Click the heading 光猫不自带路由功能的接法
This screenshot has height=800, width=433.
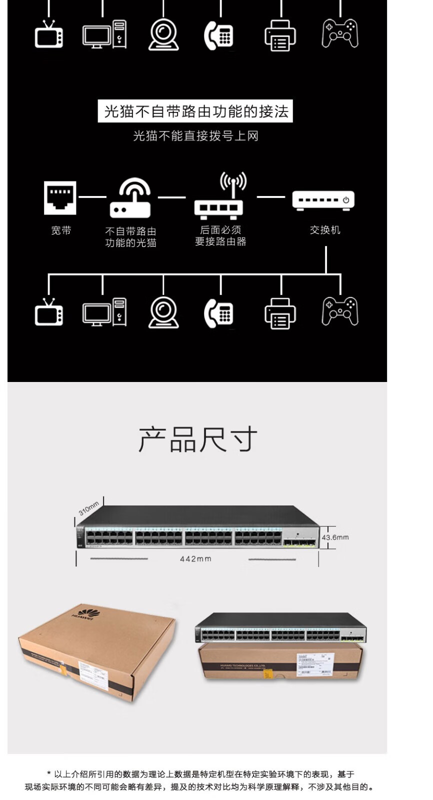click(195, 111)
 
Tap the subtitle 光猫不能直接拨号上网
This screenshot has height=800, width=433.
click(195, 136)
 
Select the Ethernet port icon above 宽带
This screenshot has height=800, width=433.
click(60, 198)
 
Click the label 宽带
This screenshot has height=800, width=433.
click(61, 230)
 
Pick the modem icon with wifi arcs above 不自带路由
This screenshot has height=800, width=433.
click(130, 198)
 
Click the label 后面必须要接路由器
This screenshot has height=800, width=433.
click(220, 236)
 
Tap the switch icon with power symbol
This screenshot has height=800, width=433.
click(323, 200)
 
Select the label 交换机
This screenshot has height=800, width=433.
click(325, 230)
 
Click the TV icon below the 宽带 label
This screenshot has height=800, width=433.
click(49, 312)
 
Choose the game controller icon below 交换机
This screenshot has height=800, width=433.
click(340, 311)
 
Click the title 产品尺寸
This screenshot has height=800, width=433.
click(197, 439)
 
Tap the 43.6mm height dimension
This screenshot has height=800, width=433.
click(335, 537)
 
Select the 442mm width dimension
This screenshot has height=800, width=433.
click(195, 559)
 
